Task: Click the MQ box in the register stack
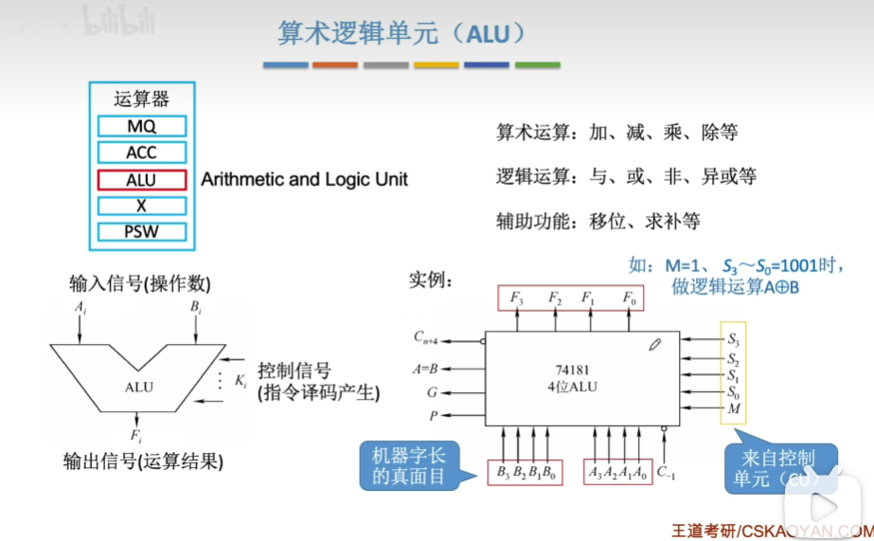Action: [141, 126]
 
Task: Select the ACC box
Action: [141, 153]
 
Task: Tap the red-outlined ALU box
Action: [141, 179]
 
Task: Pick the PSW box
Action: [141, 232]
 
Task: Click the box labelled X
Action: [141, 206]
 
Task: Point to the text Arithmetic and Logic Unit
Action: [304, 179]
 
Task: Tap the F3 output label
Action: [516, 298]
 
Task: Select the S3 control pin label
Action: [733, 338]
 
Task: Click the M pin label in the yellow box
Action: [733, 409]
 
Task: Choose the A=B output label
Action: [425, 368]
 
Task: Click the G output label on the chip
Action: [433, 391]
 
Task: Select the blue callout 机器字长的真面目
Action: [407, 465]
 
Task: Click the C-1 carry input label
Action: [666, 471]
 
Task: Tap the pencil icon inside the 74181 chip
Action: [654, 345]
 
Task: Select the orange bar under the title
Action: [335, 64]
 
